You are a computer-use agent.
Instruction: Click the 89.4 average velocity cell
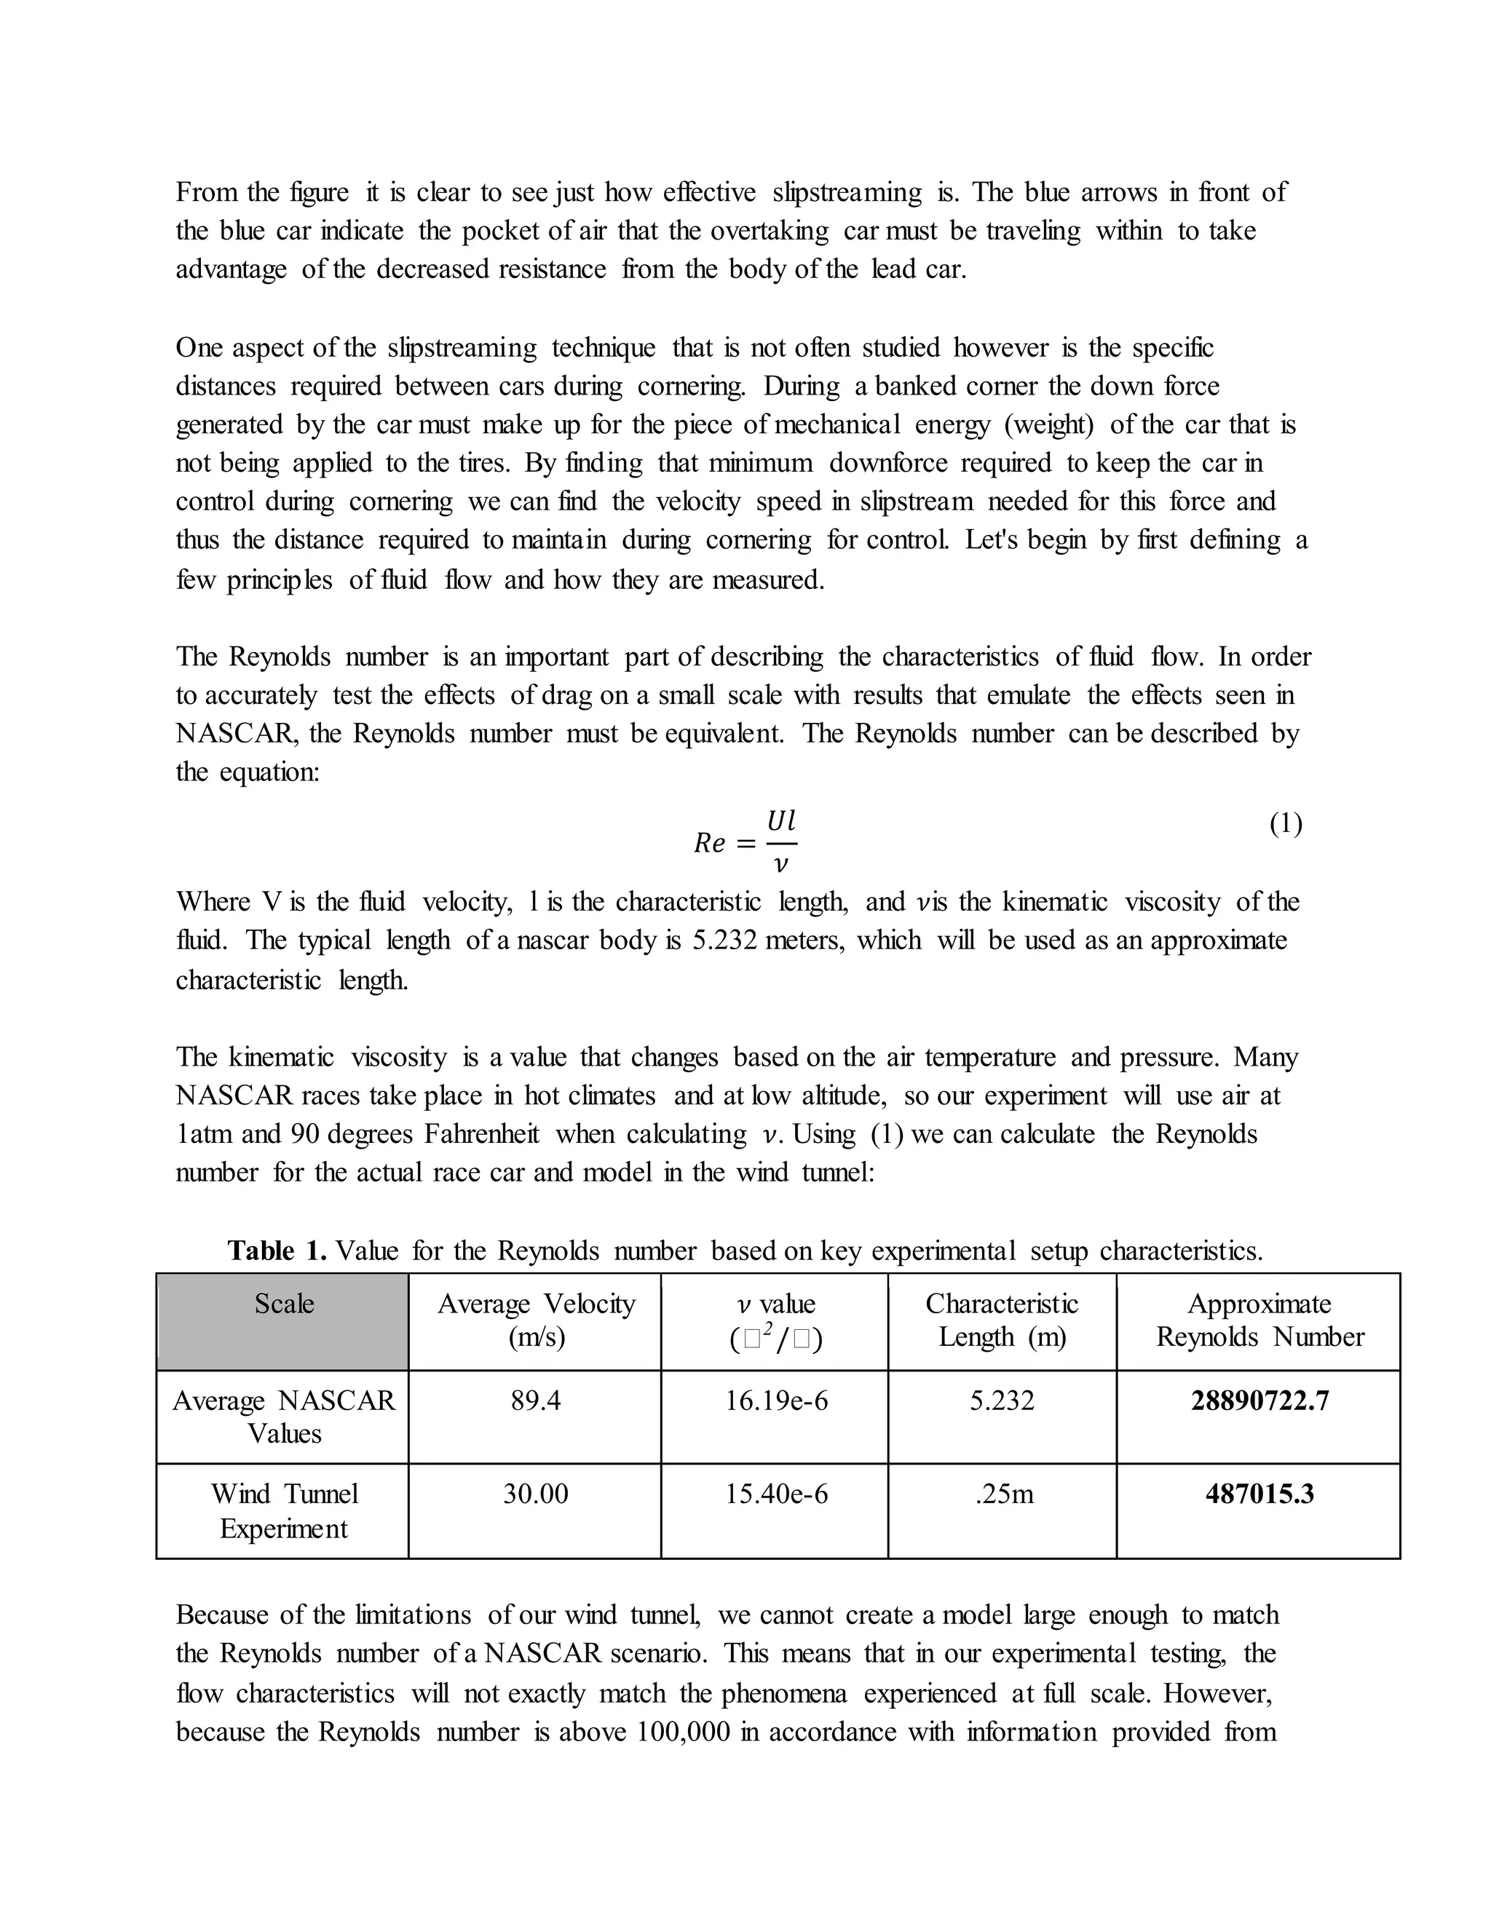pos(535,1401)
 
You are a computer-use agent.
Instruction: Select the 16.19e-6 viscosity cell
pos(775,1401)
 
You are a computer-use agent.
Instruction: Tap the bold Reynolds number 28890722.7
pos(1259,1401)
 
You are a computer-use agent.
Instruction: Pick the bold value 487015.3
pos(1259,1494)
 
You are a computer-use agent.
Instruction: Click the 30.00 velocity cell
pos(535,1494)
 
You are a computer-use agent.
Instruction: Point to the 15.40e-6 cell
pos(775,1494)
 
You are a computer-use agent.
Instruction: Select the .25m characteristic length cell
pos(1003,1494)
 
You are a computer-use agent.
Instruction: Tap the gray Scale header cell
pos(283,1320)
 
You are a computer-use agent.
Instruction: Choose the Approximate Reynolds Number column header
pos(1259,1320)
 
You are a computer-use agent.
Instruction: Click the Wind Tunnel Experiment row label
pos(283,1510)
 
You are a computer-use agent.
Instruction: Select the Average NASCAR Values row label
pos(283,1417)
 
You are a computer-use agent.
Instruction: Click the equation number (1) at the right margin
pos(1285,824)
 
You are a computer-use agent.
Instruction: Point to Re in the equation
pos(709,844)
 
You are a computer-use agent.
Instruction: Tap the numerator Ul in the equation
pos(781,821)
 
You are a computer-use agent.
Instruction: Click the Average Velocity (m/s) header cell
pos(535,1320)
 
